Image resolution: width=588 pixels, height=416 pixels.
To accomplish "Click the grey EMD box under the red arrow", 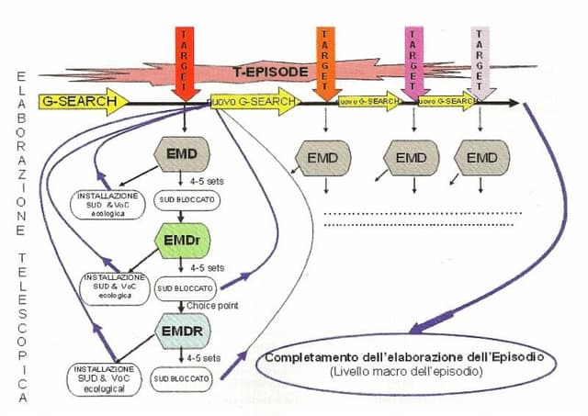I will tap(188, 152).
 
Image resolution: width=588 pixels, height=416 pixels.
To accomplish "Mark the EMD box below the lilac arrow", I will tap(481, 158).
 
